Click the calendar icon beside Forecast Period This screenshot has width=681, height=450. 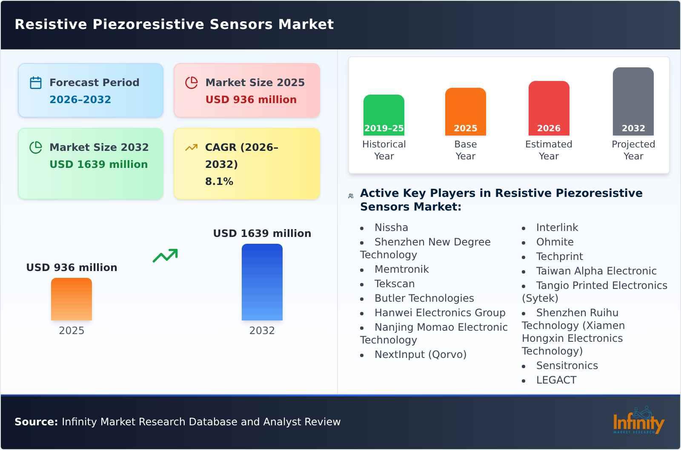tap(36, 83)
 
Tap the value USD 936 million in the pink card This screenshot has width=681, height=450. tap(251, 100)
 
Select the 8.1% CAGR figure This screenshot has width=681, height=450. tap(219, 182)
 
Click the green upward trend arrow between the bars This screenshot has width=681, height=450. tap(165, 256)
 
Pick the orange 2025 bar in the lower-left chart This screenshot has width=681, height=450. tap(72, 299)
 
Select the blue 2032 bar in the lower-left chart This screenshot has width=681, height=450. tap(262, 282)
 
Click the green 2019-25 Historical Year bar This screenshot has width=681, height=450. tap(383, 115)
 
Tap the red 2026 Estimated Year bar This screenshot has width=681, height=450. tap(549, 108)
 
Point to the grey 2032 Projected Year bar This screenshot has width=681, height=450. tap(633, 101)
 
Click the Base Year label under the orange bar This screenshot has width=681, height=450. tap(465, 150)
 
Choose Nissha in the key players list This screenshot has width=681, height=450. tap(391, 228)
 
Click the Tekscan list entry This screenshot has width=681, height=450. tap(394, 284)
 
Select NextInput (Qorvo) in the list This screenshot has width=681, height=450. tap(420, 355)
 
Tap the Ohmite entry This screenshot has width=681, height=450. tap(555, 242)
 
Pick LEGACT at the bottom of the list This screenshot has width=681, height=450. tap(556, 380)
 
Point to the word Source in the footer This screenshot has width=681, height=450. tap(36, 422)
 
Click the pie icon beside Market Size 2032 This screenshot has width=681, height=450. tap(36, 147)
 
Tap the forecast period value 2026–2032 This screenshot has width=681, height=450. tap(80, 100)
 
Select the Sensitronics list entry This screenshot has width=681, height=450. tap(567, 366)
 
